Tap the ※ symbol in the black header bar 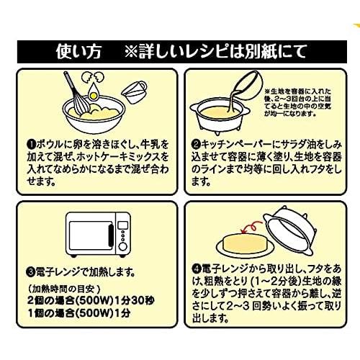click(x=133, y=53)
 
